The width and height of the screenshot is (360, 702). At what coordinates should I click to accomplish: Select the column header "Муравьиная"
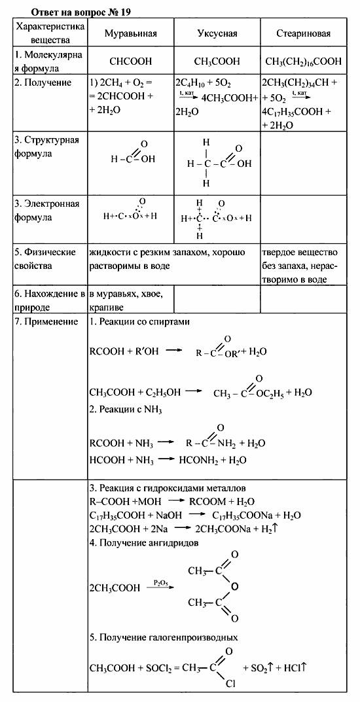click(x=131, y=33)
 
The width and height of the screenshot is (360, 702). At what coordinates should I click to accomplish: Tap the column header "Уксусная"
click(x=217, y=33)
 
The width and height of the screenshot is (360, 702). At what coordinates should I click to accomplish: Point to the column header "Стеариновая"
click(x=303, y=33)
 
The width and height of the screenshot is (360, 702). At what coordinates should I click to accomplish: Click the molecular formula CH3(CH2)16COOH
click(x=303, y=61)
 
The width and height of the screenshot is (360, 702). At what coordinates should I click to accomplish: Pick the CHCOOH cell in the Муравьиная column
click(x=131, y=61)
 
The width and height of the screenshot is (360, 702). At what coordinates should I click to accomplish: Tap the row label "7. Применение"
click(x=46, y=322)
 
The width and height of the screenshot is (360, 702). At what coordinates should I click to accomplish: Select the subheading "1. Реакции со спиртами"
click(x=139, y=322)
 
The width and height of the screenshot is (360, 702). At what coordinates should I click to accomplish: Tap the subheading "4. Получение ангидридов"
click(x=145, y=542)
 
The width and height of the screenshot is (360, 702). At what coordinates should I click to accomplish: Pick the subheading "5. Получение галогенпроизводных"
click(x=163, y=637)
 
